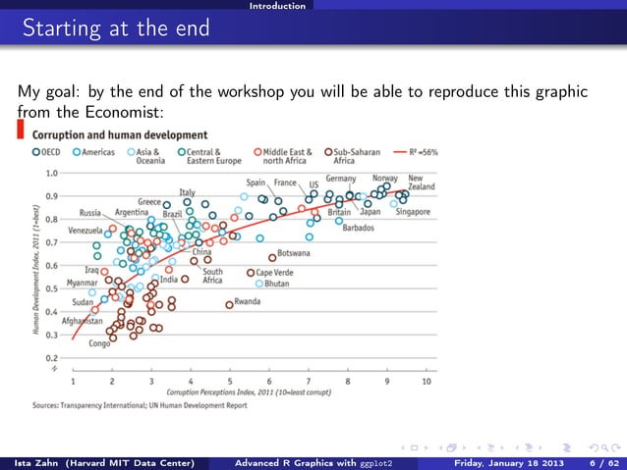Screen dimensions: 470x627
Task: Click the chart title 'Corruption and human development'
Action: coord(120,134)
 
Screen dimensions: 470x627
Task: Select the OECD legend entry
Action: coord(51,153)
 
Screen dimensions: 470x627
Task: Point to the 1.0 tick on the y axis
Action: coord(49,173)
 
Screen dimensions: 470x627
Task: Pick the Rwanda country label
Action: coord(247,302)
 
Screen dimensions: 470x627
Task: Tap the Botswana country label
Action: coord(294,253)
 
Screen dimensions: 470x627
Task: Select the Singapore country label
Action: coord(414,211)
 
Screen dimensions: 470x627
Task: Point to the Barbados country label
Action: coord(358,228)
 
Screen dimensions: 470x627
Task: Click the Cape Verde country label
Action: coord(275,272)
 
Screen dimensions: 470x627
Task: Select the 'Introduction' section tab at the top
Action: coord(277,6)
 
